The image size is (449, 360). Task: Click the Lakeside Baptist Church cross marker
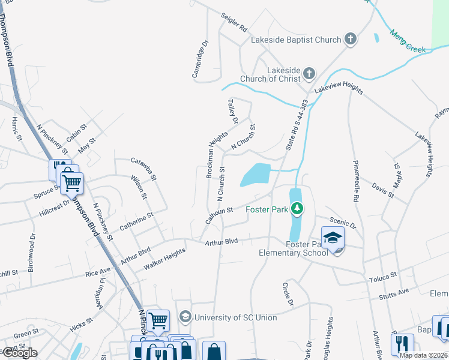[x=351, y=40]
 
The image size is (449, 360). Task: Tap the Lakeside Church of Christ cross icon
[x=309, y=73]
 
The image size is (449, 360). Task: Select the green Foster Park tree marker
[x=296, y=209]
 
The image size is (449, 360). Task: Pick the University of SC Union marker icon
[x=185, y=316]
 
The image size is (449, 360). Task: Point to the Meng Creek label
[x=408, y=41]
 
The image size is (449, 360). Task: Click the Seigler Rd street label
[x=234, y=23]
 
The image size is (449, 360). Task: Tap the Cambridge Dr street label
[x=200, y=59]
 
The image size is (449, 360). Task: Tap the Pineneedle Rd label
[x=356, y=180]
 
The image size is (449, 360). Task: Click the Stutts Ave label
[x=394, y=292]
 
